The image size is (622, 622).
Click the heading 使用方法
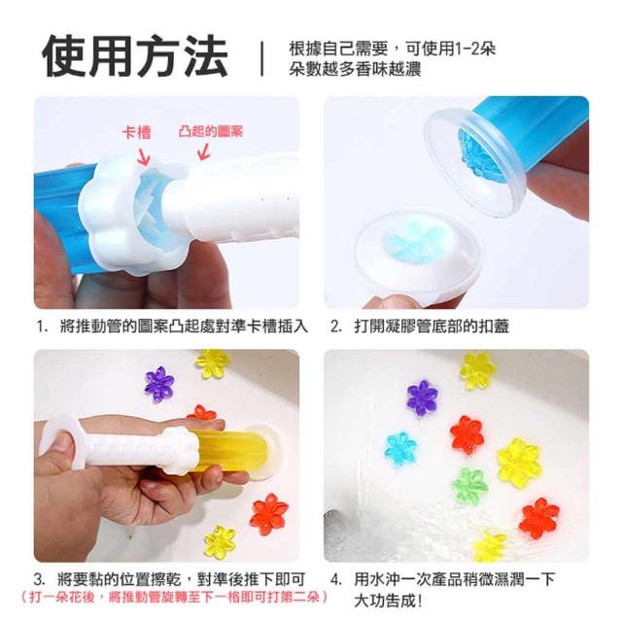pos(135,56)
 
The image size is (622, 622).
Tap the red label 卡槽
pos(136,132)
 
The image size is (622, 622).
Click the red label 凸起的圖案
pos(210,132)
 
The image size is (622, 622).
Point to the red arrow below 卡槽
pos(144,156)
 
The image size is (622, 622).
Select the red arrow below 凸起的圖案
pos(203,152)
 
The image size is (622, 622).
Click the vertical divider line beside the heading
pos(261,58)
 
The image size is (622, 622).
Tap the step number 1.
pos(41,327)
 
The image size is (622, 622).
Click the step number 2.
pos(336,327)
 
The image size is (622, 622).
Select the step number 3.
pos(39,579)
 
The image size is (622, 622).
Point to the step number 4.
pos(336,579)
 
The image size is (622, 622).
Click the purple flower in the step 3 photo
pos(159,384)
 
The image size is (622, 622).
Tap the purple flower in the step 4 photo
pos(423,397)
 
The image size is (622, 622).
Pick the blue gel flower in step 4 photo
pos(400,449)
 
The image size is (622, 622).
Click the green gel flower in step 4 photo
pos(469,485)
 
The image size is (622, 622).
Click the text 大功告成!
pos(388,601)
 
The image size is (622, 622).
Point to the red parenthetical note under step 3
pos(175,596)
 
